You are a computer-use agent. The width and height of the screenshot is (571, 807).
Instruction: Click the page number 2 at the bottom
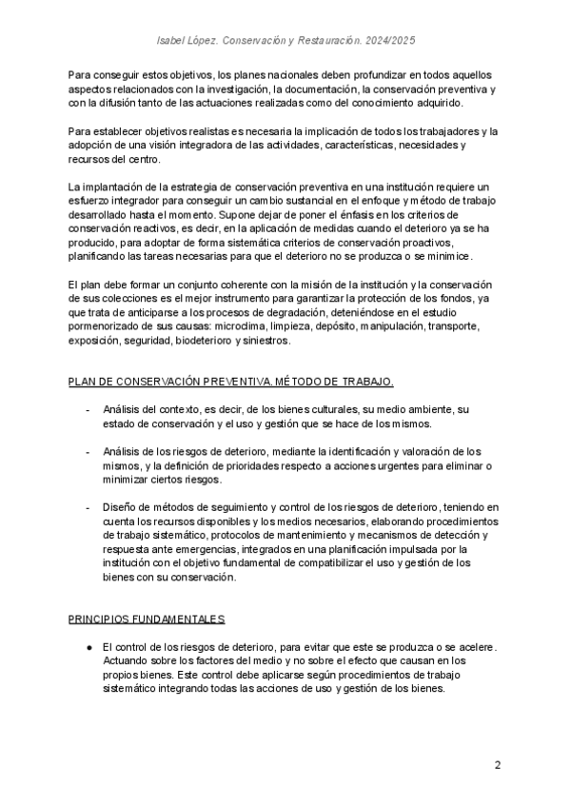pos(498,765)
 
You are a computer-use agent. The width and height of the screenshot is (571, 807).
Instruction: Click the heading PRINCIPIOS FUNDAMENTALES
pos(146,620)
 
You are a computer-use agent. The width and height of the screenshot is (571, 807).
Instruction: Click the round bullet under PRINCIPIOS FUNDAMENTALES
pos(87,647)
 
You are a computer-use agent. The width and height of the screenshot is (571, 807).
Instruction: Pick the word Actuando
pos(126,660)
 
